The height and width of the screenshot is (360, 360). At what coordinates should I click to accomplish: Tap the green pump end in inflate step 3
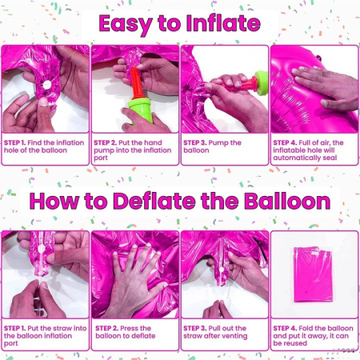pos(258,81)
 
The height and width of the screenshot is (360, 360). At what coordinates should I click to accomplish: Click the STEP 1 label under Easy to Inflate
pos(17,142)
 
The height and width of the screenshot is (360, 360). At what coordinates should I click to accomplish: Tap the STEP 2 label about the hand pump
pos(107,142)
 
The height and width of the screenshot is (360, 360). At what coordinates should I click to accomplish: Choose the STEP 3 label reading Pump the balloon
pos(197,142)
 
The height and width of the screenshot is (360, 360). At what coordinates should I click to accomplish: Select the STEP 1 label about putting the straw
pos(17,329)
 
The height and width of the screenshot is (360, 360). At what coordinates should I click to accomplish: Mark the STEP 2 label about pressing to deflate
pos(107,329)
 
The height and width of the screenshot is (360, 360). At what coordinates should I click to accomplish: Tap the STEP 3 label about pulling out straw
pos(197,329)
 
